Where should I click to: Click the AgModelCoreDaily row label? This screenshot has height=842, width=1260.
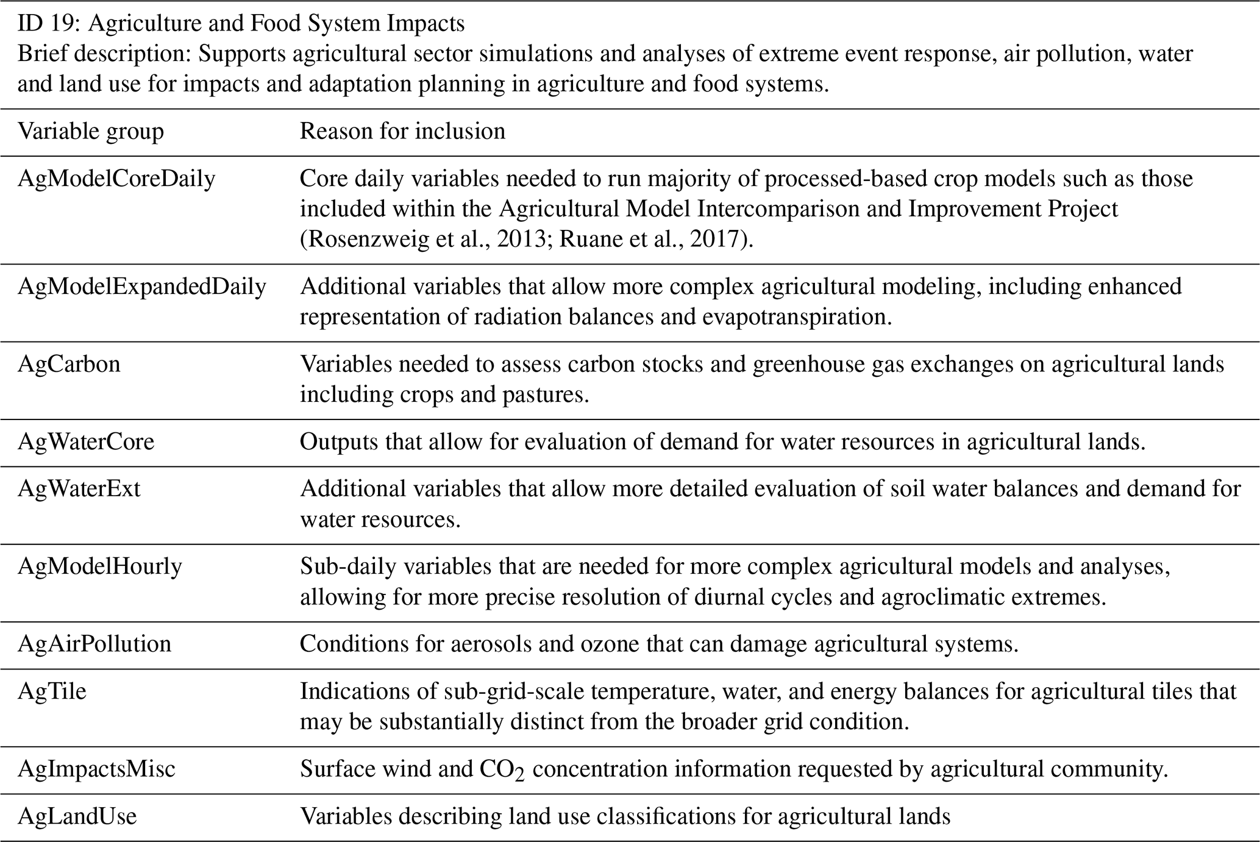[116, 179]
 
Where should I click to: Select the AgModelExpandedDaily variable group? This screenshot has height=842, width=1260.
[142, 287]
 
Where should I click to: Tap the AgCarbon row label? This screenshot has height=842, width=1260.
[69, 364]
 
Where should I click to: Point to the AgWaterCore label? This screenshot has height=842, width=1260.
[86, 441]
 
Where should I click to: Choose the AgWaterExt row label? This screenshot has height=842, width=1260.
[79, 488]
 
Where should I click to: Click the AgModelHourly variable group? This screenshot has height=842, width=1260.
[100, 566]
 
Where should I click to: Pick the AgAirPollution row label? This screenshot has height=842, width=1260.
[94, 644]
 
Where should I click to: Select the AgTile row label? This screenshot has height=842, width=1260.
[52, 691]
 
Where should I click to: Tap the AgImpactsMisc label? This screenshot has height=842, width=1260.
[96, 769]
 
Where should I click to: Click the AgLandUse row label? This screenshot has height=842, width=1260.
[77, 816]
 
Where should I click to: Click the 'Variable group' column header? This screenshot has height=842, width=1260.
[91, 131]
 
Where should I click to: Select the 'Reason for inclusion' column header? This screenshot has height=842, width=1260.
[402, 131]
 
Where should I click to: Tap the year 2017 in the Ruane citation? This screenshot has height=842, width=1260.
[715, 239]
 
